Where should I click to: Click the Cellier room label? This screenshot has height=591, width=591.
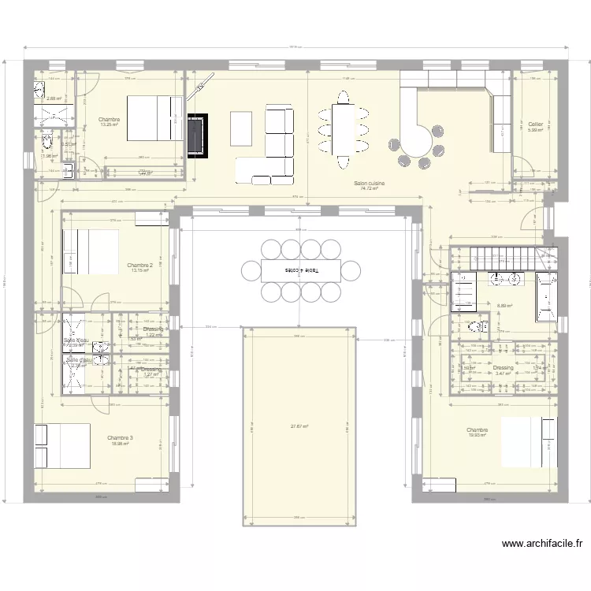(535, 124)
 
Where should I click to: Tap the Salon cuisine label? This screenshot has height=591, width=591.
(369, 183)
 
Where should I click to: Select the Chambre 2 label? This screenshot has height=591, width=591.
(139, 266)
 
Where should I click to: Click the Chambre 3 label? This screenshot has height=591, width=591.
(120, 437)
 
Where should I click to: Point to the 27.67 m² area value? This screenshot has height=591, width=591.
(299, 426)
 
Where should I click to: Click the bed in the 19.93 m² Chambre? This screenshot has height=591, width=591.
(527, 441)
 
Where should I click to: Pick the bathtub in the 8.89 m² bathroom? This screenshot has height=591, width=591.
(546, 298)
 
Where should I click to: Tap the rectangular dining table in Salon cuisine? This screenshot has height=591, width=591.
(343, 129)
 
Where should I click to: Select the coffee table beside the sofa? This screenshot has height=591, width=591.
(242, 128)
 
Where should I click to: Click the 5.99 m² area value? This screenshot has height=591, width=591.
(535, 130)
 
